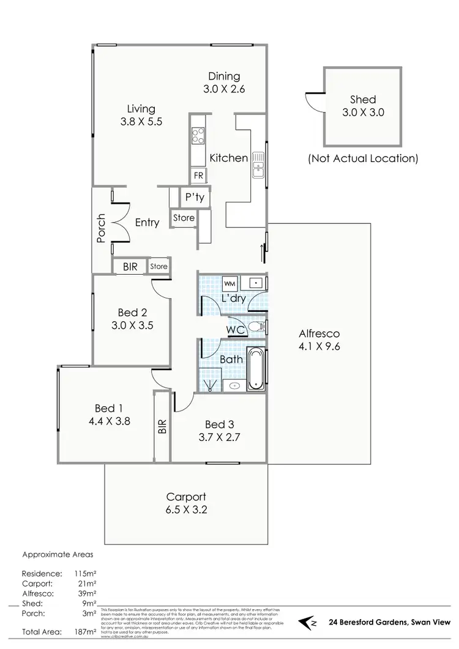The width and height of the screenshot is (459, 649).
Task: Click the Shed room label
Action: coord(362,99)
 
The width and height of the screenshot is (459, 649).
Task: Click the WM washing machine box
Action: coord(229,284)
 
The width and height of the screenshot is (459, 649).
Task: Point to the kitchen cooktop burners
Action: coord(198,135)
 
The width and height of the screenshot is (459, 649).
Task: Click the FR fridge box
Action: coord(198,176)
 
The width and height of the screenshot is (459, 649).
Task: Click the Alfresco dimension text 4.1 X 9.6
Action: coord(319,347)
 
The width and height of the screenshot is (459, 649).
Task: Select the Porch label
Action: coord(102,228)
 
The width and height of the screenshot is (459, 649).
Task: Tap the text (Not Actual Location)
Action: coord(362,158)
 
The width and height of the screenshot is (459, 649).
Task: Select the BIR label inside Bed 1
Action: coord(162,427)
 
